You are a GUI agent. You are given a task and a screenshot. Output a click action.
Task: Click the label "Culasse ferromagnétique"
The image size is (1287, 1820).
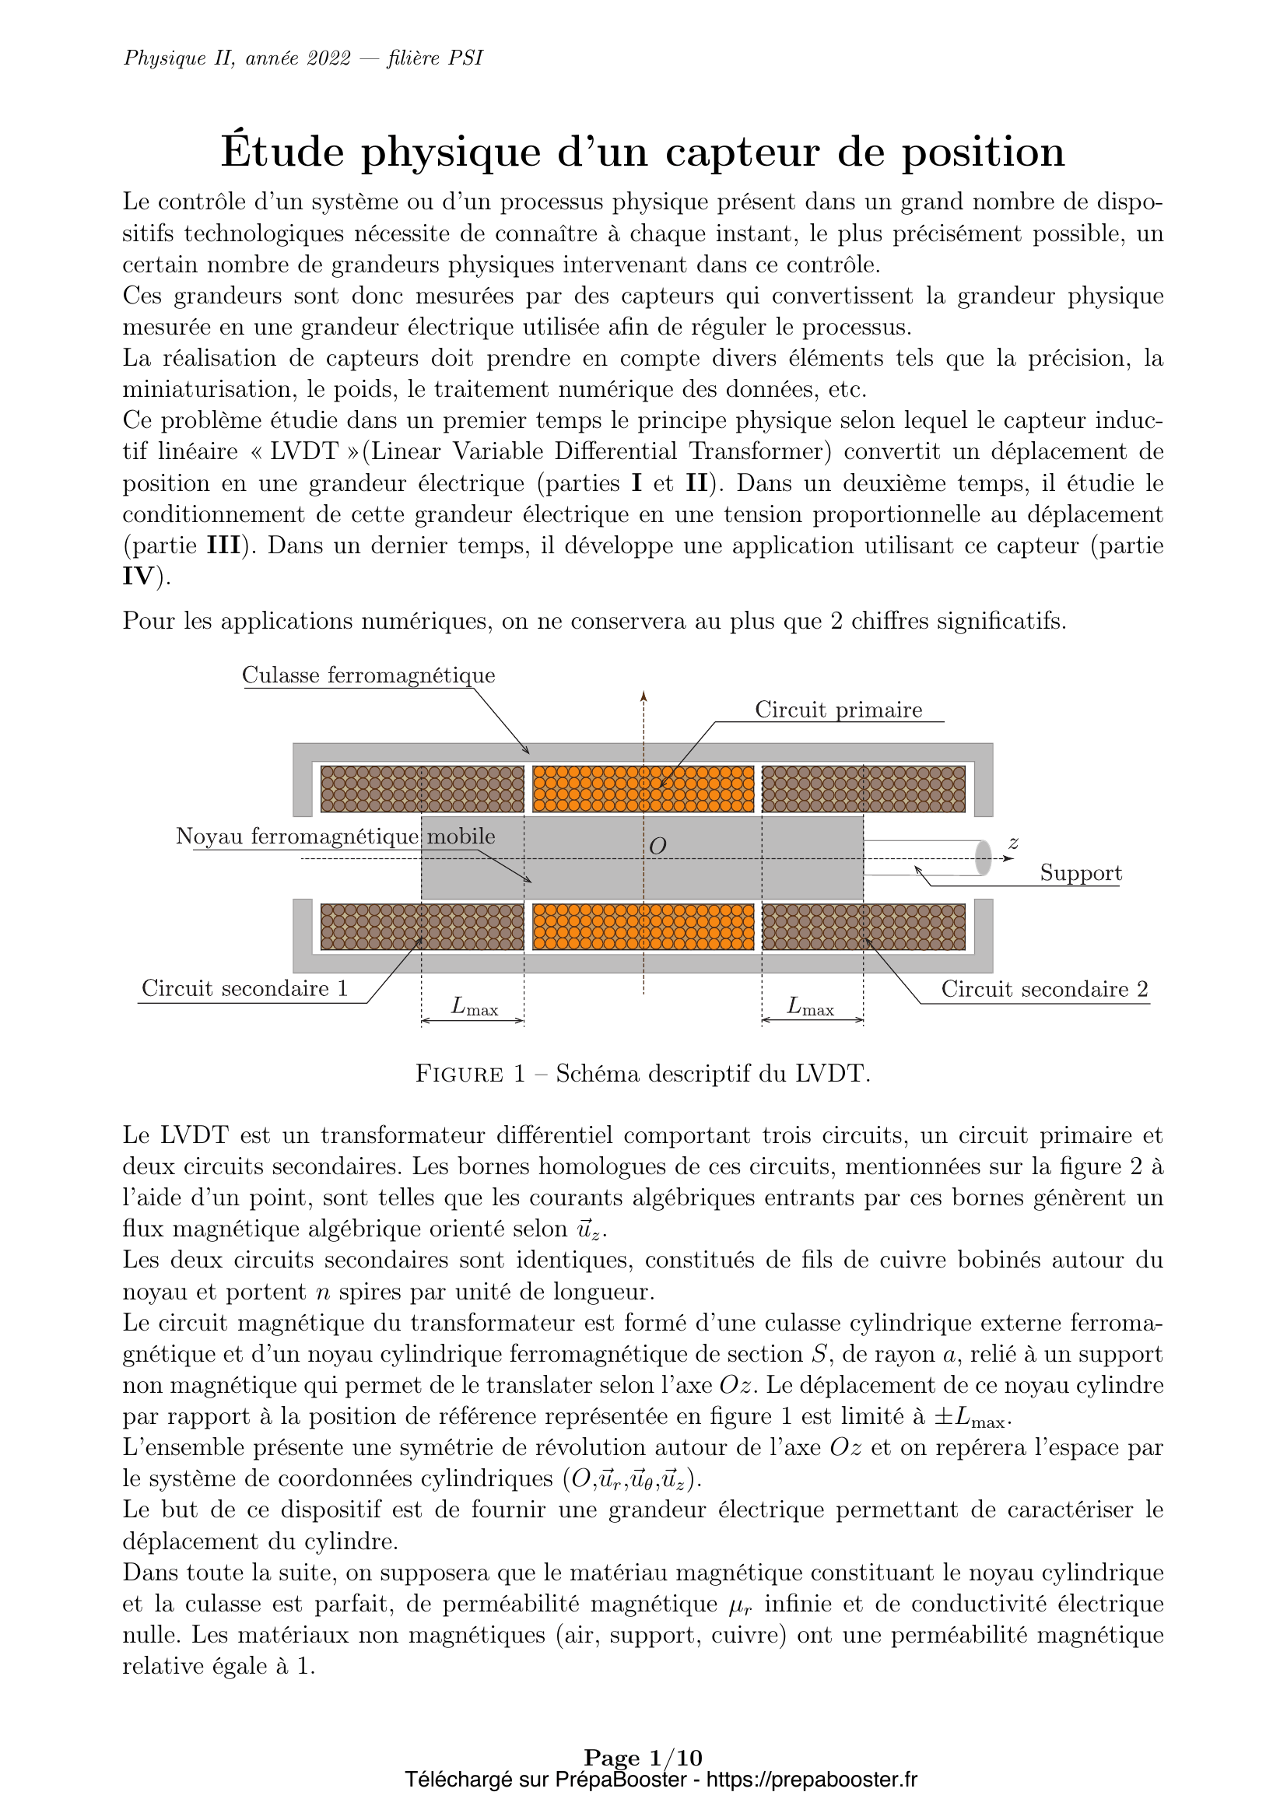click(x=369, y=675)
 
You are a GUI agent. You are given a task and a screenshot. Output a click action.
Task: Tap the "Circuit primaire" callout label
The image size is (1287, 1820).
click(x=838, y=710)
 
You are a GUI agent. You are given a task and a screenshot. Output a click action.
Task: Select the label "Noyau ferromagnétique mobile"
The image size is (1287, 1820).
click(x=335, y=836)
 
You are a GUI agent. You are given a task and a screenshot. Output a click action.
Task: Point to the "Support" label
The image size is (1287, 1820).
click(x=1080, y=873)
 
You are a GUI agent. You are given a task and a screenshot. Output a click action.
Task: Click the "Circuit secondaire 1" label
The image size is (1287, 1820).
click(x=244, y=988)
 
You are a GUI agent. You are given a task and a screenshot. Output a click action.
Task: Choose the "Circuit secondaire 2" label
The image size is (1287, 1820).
click(x=1043, y=989)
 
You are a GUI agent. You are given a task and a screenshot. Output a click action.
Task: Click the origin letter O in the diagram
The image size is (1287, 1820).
click(x=657, y=847)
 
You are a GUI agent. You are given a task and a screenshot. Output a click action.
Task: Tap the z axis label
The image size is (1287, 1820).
click(x=1013, y=843)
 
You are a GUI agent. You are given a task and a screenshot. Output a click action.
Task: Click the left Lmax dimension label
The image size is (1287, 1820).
click(x=474, y=1007)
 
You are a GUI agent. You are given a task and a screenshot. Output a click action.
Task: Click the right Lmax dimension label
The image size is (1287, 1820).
click(x=810, y=1007)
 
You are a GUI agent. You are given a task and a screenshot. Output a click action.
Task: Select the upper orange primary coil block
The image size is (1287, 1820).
click(x=643, y=789)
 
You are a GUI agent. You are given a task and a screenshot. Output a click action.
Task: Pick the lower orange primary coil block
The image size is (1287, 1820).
click(x=643, y=927)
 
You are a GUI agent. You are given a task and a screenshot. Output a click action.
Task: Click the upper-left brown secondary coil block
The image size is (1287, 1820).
click(x=422, y=789)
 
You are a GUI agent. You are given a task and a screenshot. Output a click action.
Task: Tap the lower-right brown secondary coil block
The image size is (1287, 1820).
click(x=863, y=927)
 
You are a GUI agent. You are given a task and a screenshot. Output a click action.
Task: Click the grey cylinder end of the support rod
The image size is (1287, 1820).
click(x=983, y=857)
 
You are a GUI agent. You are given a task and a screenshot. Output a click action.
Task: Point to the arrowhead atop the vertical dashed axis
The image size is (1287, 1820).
click(x=643, y=696)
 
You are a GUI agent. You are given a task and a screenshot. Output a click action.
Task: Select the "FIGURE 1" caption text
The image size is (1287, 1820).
click(x=470, y=1074)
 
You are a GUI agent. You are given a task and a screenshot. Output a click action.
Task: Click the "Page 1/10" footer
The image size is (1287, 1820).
click(x=643, y=1758)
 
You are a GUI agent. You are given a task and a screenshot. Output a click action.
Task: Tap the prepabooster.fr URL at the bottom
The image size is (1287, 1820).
click(x=811, y=1780)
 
